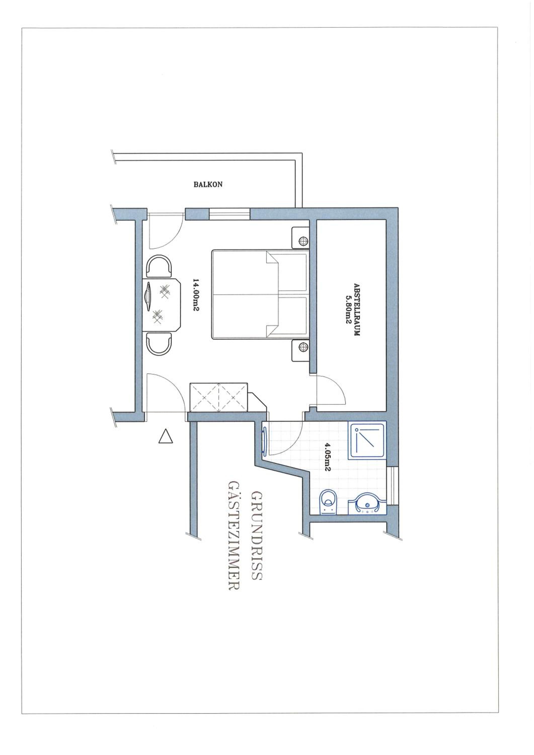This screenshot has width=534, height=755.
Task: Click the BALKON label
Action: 208,184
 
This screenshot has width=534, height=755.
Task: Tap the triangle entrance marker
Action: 165,436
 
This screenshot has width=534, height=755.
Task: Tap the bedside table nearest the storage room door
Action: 300,351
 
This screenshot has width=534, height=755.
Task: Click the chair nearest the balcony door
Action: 159,266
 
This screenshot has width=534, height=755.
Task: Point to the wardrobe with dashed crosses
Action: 219,397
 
